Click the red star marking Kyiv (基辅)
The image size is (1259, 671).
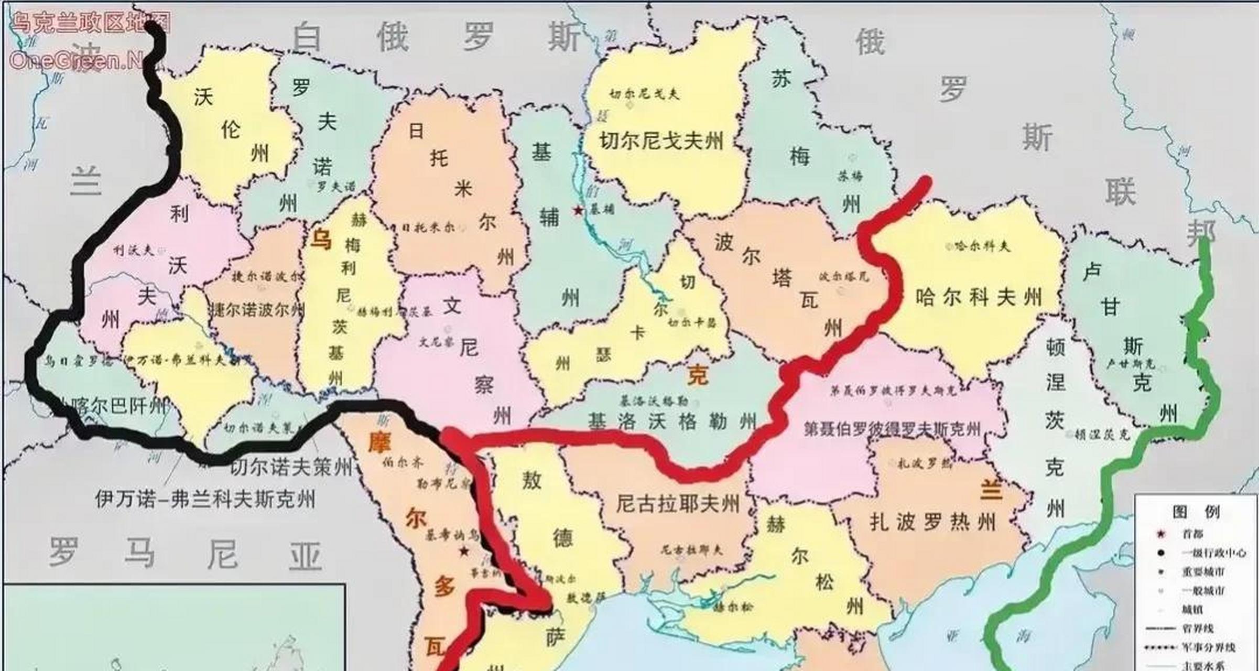pyautogui.click(x=578, y=210)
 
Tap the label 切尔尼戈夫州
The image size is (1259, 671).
pyautogui.click(x=661, y=141)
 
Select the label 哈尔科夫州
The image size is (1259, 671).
pyautogui.click(x=979, y=297)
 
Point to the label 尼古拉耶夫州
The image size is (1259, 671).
pyautogui.click(x=678, y=504)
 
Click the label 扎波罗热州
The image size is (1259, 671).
pyautogui.click(x=932, y=522)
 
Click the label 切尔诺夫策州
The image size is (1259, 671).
pyautogui.click(x=291, y=466)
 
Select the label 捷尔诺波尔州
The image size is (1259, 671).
pyautogui.click(x=257, y=309)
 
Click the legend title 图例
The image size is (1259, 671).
pyautogui.click(x=1196, y=511)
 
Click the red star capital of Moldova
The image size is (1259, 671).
pyautogui.click(x=464, y=551)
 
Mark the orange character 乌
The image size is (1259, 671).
pyautogui.click(x=321, y=241)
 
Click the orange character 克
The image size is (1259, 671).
pyautogui.click(x=698, y=375)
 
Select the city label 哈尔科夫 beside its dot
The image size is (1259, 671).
pyautogui.click(x=982, y=245)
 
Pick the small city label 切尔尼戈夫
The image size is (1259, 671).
pyautogui.click(x=644, y=94)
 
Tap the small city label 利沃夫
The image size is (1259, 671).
pyautogui.click(x=134, y=251)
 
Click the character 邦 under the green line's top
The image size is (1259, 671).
pyautogui.click(x=1201, y=233)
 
